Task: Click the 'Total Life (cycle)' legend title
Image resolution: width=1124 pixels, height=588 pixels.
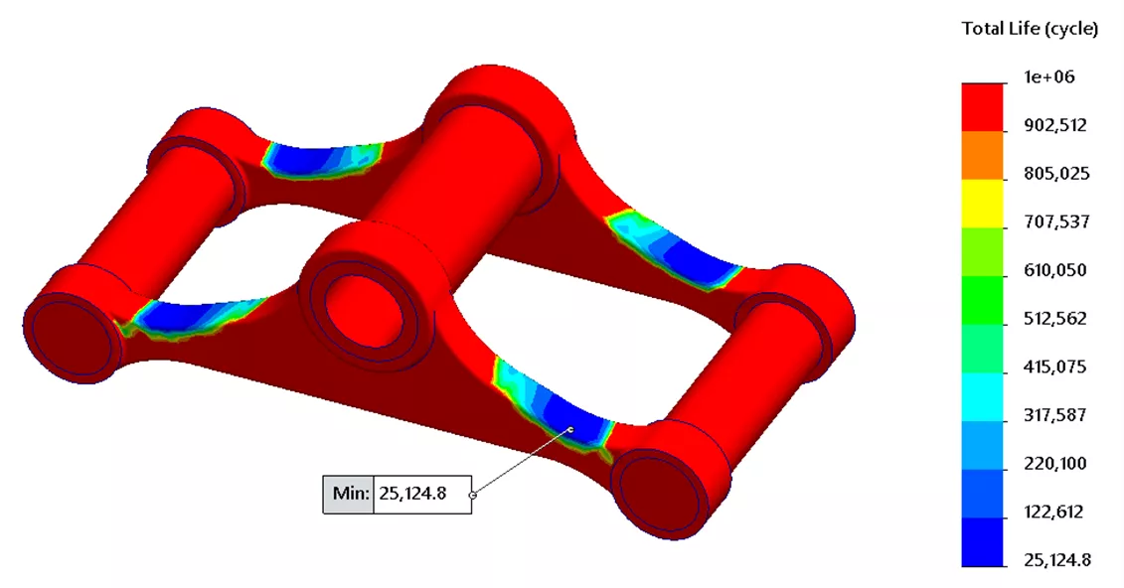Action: pyautogui.click(x=1030, y=29)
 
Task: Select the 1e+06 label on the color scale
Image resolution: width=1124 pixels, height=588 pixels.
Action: pyautogui.click(x=1049, y=77)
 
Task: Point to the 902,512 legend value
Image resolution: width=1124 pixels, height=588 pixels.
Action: pyautogui.click(x=1055, y=125)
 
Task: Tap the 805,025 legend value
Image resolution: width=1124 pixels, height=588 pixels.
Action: pyautogui.click(x=1055, y=174)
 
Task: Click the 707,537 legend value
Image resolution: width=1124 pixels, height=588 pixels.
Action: pyautogui.click(x=1055, y=222)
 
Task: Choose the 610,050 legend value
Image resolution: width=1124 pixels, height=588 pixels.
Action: pyautogui.click(x=1055, y=270)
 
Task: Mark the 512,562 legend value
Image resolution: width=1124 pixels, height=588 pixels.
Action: pyautogui.click(x=1055, y=319)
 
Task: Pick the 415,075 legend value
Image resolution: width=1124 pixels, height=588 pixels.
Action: pyautogui.click(x=1055, y=367)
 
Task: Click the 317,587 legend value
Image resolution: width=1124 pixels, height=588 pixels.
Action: pyautogui.click(x=1055, y=415)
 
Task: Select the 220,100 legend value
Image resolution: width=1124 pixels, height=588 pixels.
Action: pyautogui.click(x=1055, y=464)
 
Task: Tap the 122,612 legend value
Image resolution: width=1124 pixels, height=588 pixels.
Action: pyautogui.click(x=1055, y=513)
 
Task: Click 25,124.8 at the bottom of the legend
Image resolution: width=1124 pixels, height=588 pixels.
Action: pyautogui.click(x=1057, y=560)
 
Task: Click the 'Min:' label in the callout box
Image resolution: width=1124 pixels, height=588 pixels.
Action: pyautogui.click(x=349, y=494)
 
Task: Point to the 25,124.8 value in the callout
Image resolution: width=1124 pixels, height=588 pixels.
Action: pyautogui.click(x=421, y=494)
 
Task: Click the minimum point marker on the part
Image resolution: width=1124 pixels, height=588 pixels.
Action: pyautogui.click(x=570, y=429)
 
